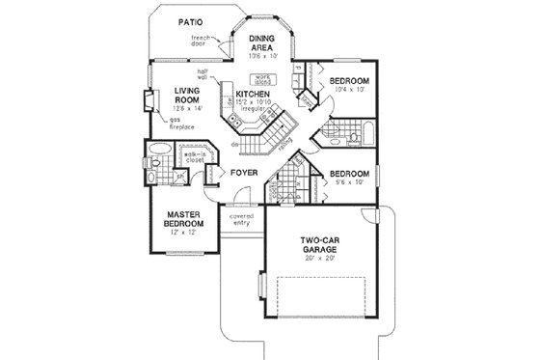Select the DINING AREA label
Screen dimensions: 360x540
[x=262, y=43]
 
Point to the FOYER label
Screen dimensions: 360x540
[x=241, y=174]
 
